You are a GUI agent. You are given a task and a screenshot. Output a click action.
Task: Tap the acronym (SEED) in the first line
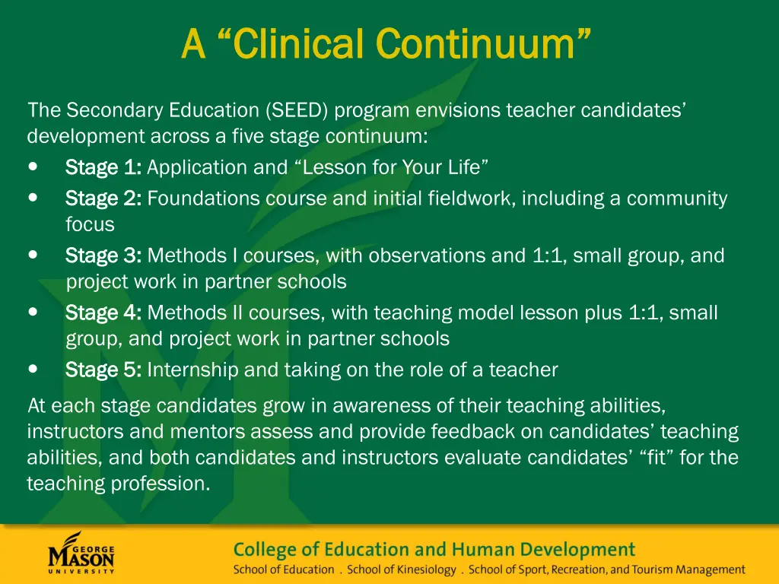click(297, 111)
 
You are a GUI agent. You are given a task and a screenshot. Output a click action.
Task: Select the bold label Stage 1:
click(103, 167)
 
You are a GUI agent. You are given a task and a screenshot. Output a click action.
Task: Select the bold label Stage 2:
click(103, 199)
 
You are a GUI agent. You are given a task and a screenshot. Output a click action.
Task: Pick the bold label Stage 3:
click(103, 256)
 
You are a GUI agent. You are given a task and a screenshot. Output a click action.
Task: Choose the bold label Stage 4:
click(103, 313)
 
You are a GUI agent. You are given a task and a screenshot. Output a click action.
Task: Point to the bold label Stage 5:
click(103, 370)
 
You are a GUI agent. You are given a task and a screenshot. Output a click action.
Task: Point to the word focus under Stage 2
click(90, 225)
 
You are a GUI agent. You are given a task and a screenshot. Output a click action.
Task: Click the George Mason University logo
click(81, 553)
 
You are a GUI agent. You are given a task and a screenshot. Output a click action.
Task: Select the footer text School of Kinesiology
click(402, 570)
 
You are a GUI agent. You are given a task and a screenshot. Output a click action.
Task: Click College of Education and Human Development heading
click(434, 549)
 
